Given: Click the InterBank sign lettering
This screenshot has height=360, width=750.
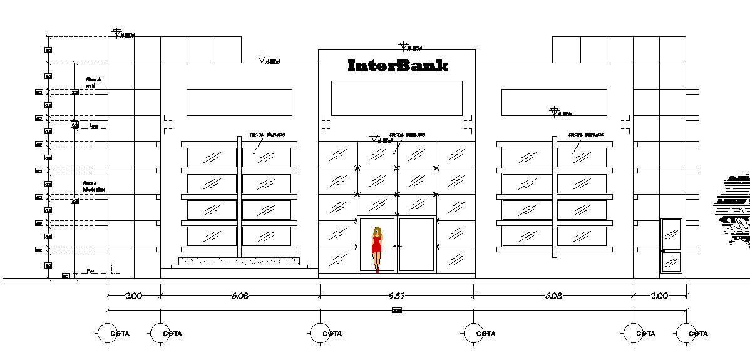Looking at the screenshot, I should tap(398, 66).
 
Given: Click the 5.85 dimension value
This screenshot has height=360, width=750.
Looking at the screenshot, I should tap(398, 296).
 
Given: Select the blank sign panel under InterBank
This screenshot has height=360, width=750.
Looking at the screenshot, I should tap(396, 98).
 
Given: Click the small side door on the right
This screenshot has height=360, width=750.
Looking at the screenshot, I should tap(672, 245).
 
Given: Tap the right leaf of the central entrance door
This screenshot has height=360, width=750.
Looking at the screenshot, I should tap(417, 244).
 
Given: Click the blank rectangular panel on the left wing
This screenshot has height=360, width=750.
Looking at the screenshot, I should tap(239, 102).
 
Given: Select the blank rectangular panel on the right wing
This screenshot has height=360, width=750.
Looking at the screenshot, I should tap(554, 102).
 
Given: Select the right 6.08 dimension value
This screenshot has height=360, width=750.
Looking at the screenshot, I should tap(553, 296).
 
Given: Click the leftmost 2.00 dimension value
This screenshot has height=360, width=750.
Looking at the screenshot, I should tap(134, 296).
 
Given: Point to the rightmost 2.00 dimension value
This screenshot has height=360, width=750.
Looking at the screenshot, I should tap(660, 296).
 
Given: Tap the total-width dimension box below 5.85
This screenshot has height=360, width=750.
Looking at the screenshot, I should tap(396, 311).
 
